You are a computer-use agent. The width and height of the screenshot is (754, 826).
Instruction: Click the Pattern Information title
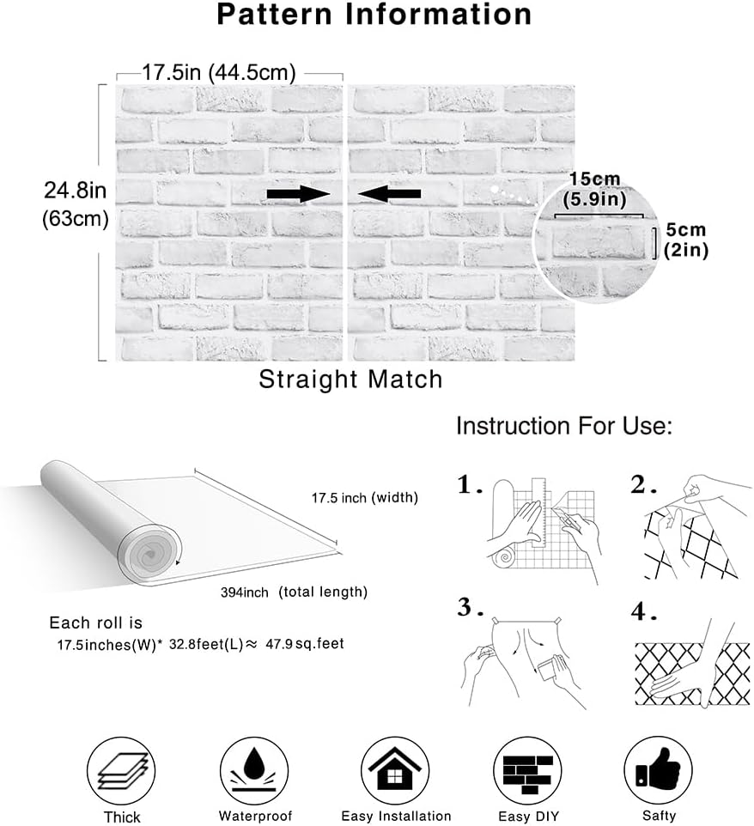point(374,15)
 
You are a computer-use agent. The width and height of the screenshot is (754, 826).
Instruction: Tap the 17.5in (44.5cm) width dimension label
point(219,72)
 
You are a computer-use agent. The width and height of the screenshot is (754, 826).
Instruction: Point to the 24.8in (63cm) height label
point(76,203)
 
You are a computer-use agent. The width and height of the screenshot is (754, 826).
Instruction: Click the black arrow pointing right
point(298,194)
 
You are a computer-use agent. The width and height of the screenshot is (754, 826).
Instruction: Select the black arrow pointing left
point(389,194)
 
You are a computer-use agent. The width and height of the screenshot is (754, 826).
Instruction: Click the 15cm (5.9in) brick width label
point(595,190)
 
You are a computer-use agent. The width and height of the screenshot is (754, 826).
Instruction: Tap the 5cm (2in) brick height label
point(685,240)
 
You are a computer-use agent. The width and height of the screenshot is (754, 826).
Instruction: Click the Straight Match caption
point(350,380)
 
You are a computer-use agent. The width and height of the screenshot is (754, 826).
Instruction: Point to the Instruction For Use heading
point(564,426)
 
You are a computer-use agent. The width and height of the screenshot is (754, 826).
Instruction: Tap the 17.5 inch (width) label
point(365,497)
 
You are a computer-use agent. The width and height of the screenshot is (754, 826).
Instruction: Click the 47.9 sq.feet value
point(305,644)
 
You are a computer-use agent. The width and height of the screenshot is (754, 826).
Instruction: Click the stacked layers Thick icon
point(121,770)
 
